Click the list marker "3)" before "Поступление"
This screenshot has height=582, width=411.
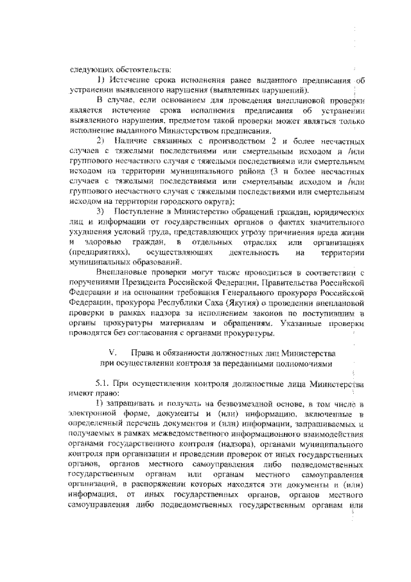click(x=100, y=211)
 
